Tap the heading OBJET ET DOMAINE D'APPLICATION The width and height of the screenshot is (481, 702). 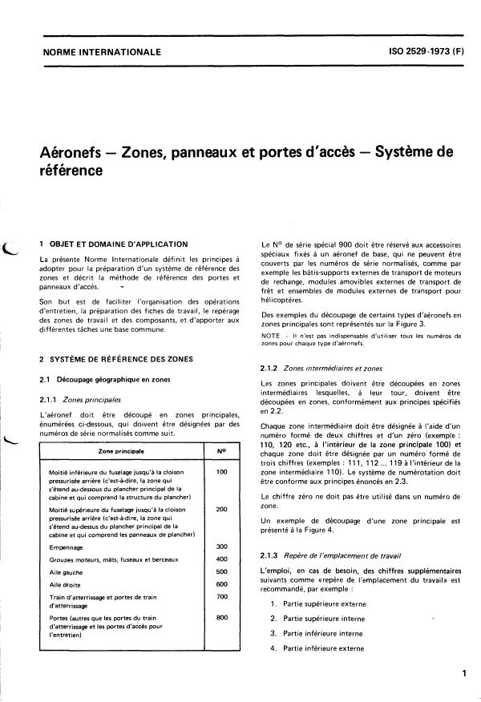(x=119, y=243)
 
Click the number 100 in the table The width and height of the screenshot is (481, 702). (x=222, y=472)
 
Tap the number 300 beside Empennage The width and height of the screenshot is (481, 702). (x=222, y=547)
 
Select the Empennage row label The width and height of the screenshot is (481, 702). (x=65, y=547)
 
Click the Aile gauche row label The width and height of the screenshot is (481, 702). (x=67, y=571)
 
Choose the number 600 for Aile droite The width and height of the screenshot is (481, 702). (x=222, y=583)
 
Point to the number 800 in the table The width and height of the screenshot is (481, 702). (x=222, y=618)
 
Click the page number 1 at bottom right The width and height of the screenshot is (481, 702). (x=463, y=675)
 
